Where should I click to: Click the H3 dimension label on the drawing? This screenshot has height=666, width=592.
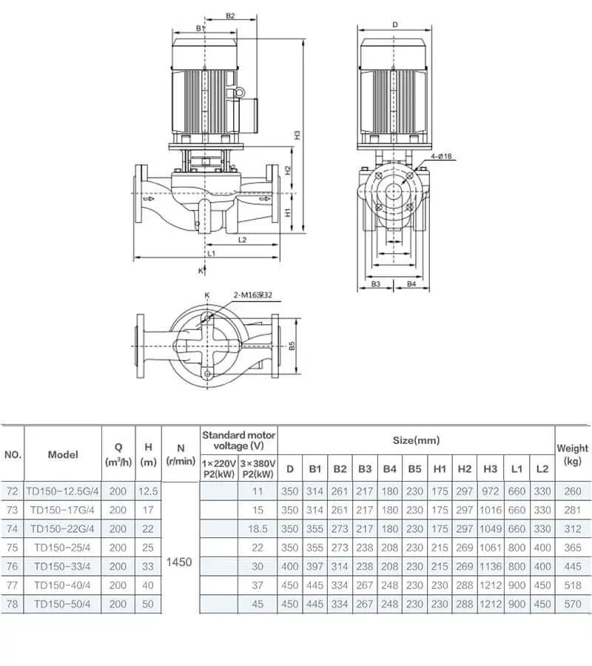pos(297,135)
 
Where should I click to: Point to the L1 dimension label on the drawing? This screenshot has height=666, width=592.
pos(211,253)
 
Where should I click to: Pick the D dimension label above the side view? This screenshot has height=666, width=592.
pos(395,24)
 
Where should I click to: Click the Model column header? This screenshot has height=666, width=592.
pos(63,454)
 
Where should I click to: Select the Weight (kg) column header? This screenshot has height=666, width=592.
pos(572,454)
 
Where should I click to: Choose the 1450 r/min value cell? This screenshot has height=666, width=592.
pos(180,562)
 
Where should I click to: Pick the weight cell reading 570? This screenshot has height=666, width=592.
pos(572,604)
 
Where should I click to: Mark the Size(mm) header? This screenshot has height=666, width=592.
pos(416,440)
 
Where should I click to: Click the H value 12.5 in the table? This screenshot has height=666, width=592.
pos(148,491)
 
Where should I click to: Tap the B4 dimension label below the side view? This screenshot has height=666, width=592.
pos(412,284)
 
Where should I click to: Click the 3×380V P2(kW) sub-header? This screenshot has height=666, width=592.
pos(257,468)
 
